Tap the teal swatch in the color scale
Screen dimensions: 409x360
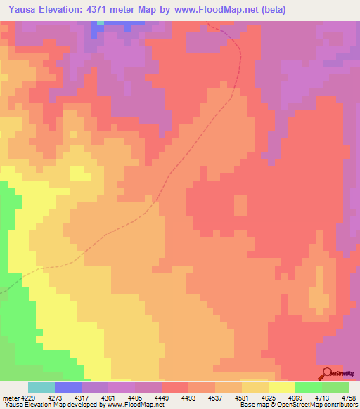(x=41, y=387)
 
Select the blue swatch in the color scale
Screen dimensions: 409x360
(x=68, y=387)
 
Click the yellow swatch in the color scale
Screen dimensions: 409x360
(x=282, y=387)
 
